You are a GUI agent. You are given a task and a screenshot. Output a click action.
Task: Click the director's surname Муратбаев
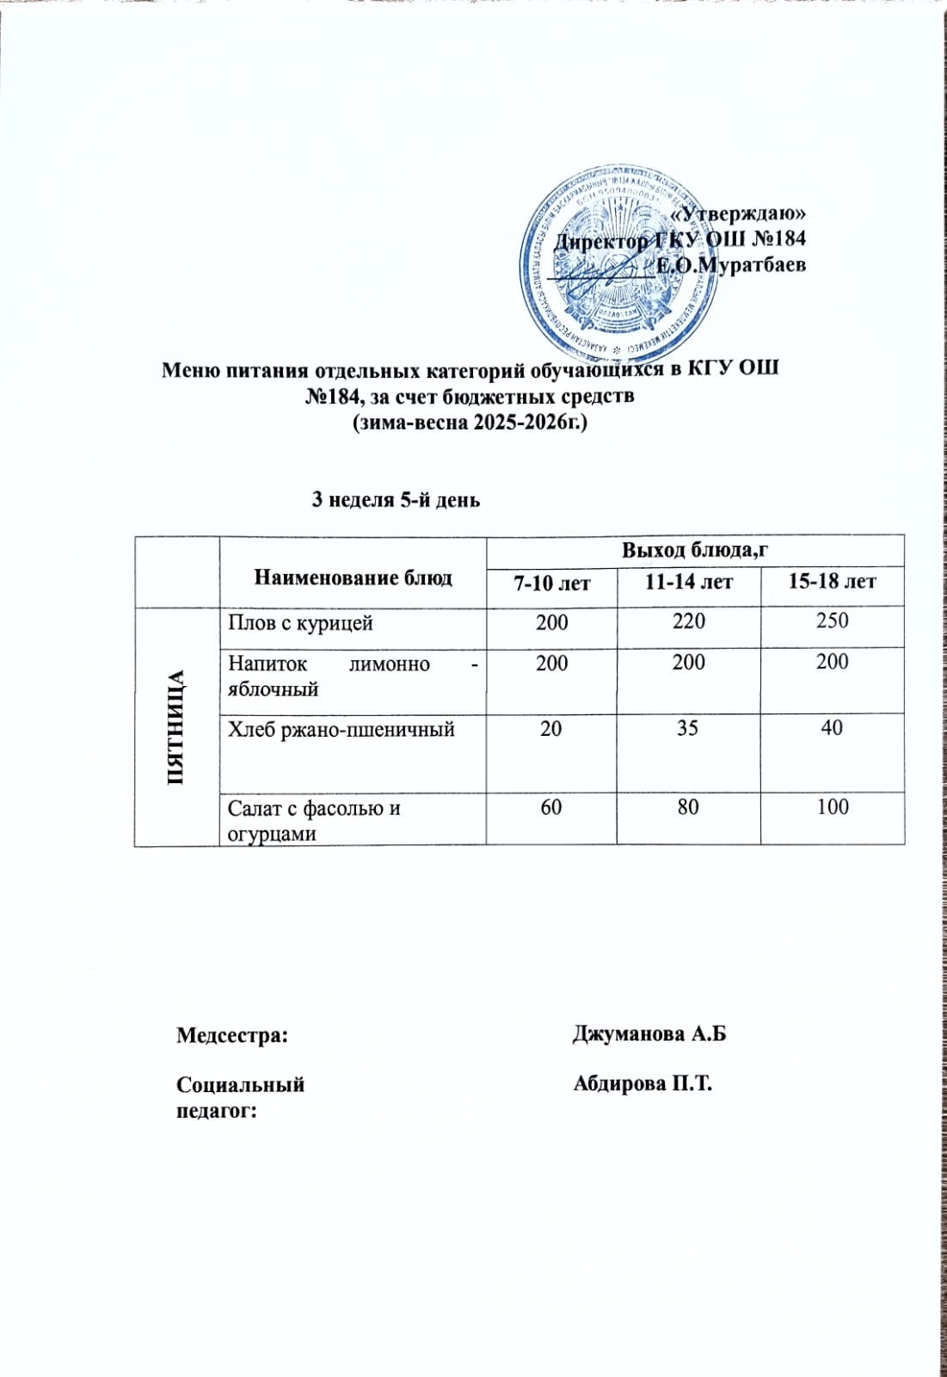[x=731, y=265]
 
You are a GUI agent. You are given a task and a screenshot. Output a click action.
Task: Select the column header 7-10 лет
[x=551, y=584]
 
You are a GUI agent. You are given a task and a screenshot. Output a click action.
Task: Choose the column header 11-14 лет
[x=689, y=583]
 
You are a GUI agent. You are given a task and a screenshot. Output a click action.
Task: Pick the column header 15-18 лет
[x=832, y=582]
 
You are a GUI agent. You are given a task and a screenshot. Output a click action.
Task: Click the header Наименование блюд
[x=353, y=577]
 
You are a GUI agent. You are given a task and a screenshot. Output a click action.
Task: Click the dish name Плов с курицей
[x=300, y=622]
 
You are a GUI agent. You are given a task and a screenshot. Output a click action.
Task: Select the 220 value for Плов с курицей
[x=688, y=621]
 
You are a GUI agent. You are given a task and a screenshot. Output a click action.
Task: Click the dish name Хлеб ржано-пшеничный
[x=341, y=730]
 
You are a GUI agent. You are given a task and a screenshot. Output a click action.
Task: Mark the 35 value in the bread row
[x=688, y=728]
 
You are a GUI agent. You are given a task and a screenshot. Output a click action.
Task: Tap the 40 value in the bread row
[x=832, y=727]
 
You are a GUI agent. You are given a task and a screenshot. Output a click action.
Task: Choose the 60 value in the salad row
[x=551, y=807]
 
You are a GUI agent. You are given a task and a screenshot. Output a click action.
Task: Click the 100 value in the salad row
[x=832, y=806]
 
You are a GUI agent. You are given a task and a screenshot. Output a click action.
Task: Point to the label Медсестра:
[x=231, y=1034]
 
